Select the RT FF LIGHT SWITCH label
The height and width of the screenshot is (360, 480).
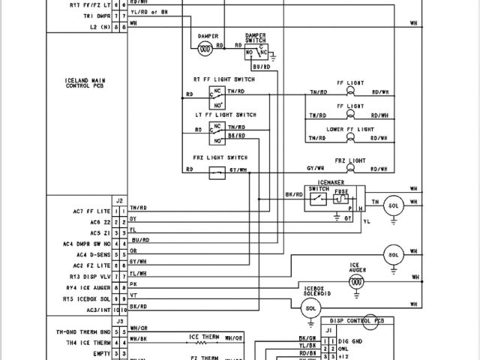pos(224,79)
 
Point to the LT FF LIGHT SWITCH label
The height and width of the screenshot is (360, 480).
pos(226,115)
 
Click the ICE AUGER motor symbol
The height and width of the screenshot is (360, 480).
pos(358,281)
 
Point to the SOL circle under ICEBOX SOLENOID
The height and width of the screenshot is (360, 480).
pos(310,308)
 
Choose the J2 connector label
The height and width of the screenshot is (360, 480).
pos(119,200)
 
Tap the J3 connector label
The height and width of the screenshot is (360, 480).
pos(119,321)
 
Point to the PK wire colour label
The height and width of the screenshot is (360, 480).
pos(133,285)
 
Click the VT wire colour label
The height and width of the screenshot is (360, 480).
pos(133,295)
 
